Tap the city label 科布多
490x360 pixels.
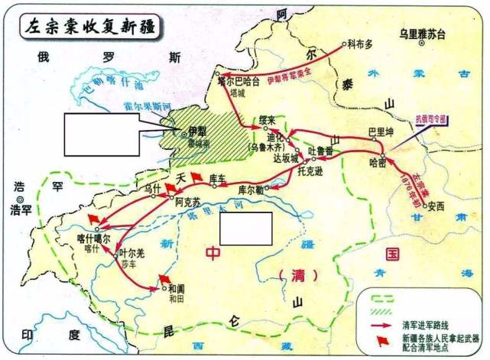pyautogui.click(x=362, y=44)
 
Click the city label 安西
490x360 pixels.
pyautogui.click(x=436, y=205)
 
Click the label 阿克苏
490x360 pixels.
pyautogui.click(x=187, y=203)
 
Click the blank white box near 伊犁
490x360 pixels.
pyautogui.click(x=102, y=135)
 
